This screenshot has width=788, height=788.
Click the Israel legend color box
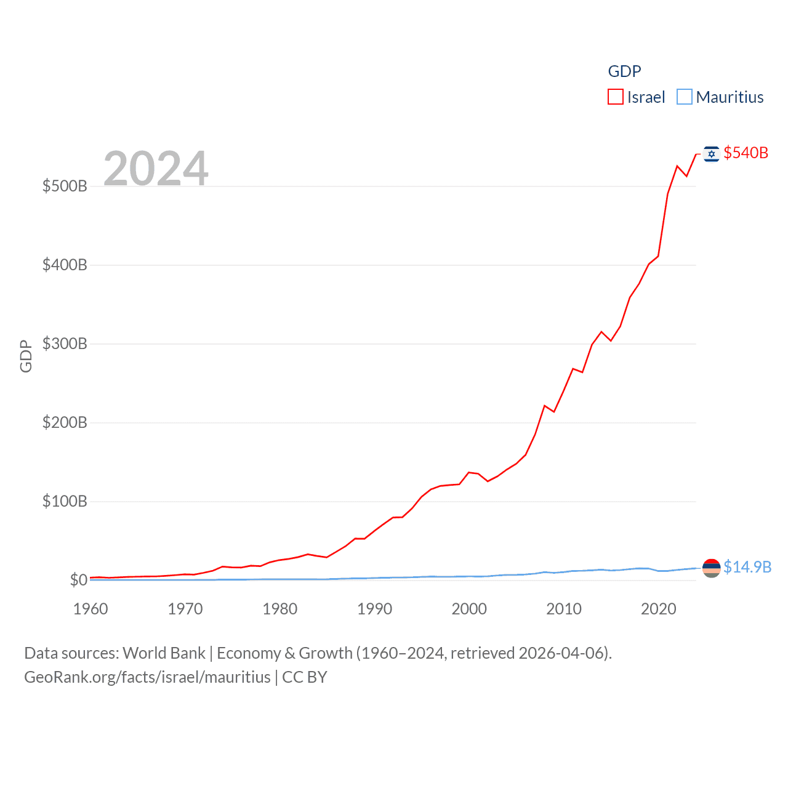point(616,97)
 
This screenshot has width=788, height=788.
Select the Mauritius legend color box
point(685,97)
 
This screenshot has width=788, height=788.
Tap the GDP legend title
point(624,71)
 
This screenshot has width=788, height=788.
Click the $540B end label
point(746,153)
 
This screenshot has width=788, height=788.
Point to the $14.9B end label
point(747,567)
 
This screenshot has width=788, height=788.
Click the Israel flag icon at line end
point(712,154)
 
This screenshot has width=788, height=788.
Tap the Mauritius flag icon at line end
point(712,568)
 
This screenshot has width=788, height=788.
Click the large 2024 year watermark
point(156,168)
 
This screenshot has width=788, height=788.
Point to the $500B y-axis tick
point(65,186)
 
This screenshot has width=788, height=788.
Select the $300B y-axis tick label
point(65,344)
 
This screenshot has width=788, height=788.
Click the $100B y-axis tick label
point(65,501)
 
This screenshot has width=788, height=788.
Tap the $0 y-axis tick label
point(79,580)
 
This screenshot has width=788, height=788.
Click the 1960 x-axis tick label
point(90,609)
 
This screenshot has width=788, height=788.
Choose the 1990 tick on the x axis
point(374,609)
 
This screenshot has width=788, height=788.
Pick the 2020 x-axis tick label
point(658,609)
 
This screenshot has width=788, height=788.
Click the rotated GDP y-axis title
point(26,356)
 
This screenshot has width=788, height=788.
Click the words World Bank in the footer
point(164,653)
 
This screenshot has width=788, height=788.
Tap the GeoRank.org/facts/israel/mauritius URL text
point(147,677)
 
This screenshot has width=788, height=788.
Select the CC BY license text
point(305,677)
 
